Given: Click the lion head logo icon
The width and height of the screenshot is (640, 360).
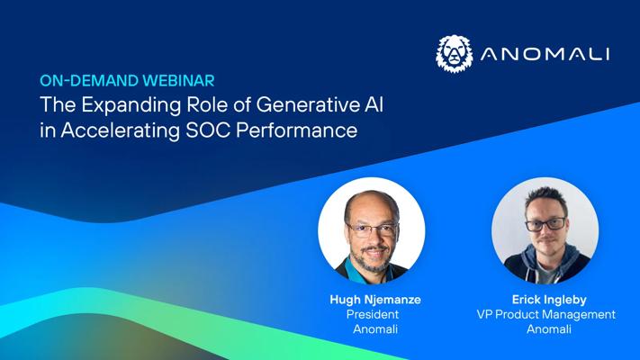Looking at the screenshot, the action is point(455,53).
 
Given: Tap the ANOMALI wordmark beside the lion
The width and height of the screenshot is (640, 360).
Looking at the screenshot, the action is point(545,54).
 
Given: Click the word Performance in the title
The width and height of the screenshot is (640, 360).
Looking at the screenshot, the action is point(297,130).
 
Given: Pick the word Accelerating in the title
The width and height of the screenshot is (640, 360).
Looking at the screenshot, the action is point(121,131).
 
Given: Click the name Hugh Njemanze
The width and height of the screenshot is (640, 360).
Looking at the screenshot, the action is point(375,300).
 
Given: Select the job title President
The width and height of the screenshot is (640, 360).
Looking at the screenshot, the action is point(373,314).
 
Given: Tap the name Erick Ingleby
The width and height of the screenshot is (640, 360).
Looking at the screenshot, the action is point(549,300).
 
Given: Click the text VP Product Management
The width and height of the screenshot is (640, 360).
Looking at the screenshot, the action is point(546,315).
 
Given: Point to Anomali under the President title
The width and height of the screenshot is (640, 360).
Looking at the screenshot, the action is point(375,329).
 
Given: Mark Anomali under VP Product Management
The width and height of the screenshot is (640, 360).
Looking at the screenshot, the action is point(549,329).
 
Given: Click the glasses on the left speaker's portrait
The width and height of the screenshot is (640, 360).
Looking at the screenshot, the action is point(372,230).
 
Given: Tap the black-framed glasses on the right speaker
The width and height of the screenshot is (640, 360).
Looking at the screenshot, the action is point(545,224).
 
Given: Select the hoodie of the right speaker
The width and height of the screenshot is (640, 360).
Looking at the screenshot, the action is point(546,265).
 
